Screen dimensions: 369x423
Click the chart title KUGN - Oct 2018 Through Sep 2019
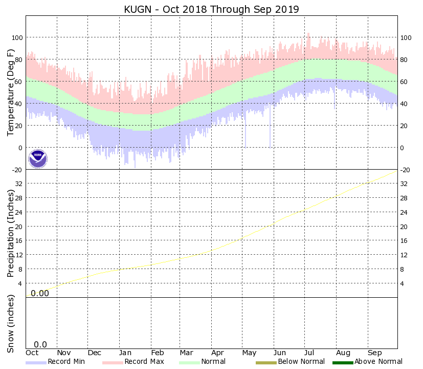pyautogui.click(x=211, y=9)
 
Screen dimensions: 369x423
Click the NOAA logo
pyautogui.click(x=38, y=159)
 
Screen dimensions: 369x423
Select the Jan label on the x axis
pyautogui.click(x=126, y=353)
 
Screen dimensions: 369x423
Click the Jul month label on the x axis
pyautogui.click(x=310, y=353)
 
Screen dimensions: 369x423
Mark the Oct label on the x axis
pyautogui.click(x=32, y=353)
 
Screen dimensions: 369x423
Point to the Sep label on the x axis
pyautogui.click(x=375, y=353)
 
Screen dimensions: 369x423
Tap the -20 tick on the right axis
pyautogui.click(x=406, y=170)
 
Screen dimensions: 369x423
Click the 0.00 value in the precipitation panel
pyautogui.click(x=40, y=293)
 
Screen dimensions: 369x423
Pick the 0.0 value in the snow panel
pyautogui.click(x=40, y=345)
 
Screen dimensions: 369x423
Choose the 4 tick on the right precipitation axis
pyautogui.click(x=403, y=283)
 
